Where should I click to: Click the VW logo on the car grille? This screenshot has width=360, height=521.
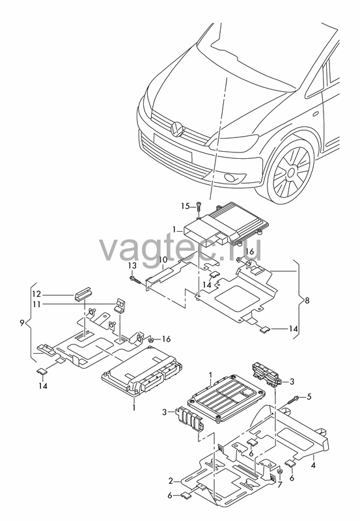click(176, 129)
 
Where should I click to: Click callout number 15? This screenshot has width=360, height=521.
click(186, 206)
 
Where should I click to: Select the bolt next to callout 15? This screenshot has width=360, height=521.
click(199, 210)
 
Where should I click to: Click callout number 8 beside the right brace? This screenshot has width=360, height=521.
click(307, 301)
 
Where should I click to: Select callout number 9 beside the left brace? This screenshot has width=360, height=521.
click(22, 322)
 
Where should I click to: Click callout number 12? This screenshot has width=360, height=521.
click(36, 294)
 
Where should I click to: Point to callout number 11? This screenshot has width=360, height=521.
click(36, 304)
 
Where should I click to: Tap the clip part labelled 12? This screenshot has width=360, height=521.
click(82, 292)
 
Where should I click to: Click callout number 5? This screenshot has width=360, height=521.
click(309, 397)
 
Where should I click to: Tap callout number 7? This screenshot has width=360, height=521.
click(280, 485)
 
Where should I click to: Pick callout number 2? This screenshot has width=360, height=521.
click(171, 481)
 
